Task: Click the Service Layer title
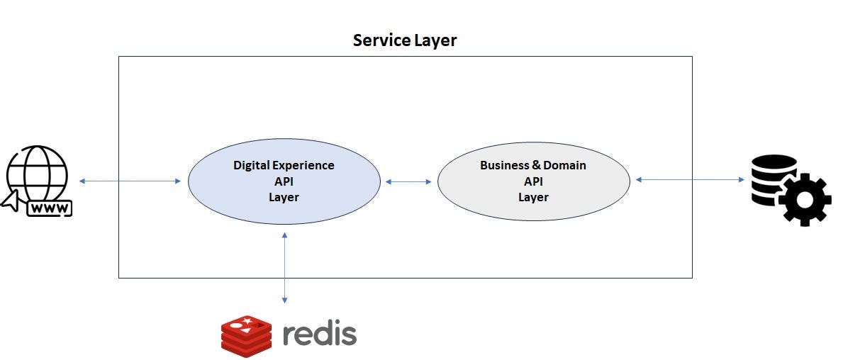405,40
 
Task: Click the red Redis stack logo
246,335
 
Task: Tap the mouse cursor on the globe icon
13,201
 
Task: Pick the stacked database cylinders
771,179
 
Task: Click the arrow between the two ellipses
408,182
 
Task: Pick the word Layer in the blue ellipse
284,197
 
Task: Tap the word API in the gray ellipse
533,181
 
